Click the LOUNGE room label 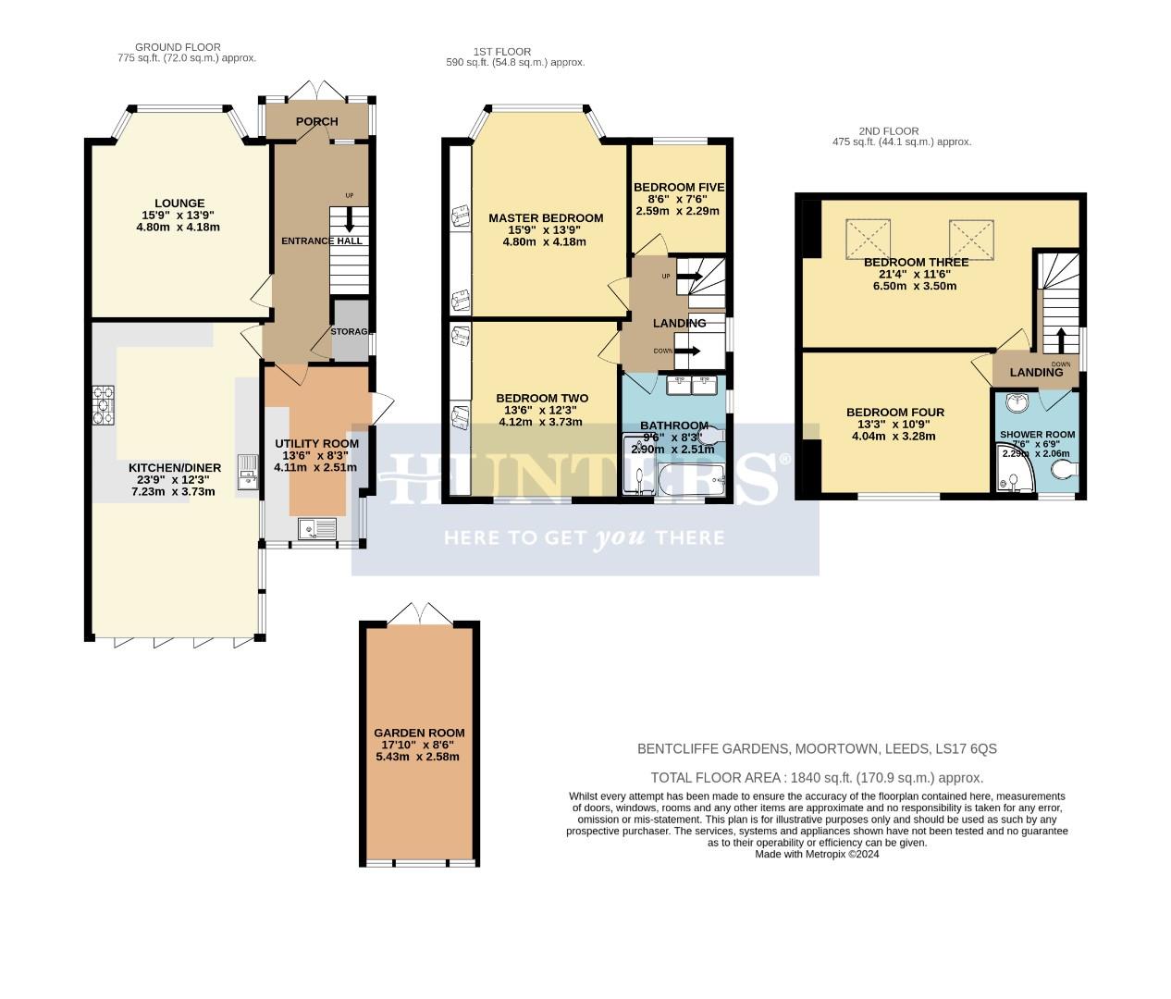pos(179,203)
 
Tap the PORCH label pos(316,121)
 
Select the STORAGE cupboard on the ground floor pos(350,331)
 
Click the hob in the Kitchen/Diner pos(103,404)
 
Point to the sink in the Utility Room pos(315,528)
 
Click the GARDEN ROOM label pos(419,733)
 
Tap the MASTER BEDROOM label pos(546,218)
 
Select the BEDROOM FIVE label pos(678,187)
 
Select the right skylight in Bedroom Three pos(970,238)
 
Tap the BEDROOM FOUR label pos(894,413)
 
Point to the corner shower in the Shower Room pos(1014,472)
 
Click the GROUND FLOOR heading pos(178,47)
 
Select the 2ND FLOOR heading pos(901,131)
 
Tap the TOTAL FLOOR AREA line pos(817,778)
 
